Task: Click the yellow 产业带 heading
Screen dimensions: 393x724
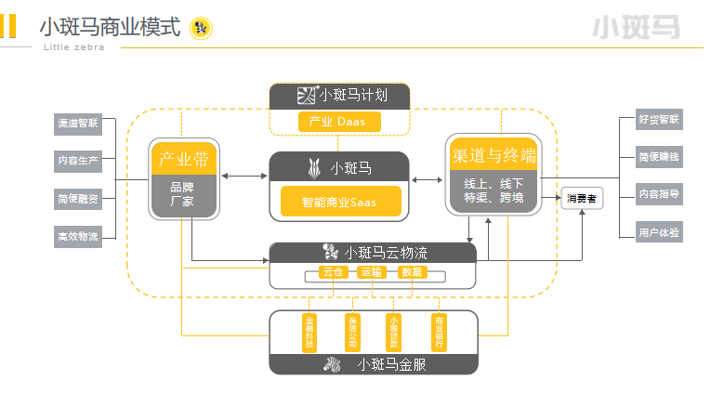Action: point(183,158)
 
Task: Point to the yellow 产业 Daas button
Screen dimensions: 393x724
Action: point(339,122)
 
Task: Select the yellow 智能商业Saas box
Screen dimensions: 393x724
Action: point(340,202)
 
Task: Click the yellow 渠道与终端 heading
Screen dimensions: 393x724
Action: point(494,155)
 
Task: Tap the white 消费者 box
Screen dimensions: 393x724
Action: point(581,198)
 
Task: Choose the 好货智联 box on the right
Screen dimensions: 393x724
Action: point(659,120)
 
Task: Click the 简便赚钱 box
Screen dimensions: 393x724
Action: point(659,157)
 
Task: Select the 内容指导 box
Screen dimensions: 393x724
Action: point(659,194)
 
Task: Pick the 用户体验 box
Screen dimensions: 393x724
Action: point(659,231)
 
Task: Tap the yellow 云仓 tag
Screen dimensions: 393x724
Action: point(333,272)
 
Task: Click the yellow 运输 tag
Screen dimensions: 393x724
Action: point(372,272)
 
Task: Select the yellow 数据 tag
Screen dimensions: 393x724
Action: point(411,272)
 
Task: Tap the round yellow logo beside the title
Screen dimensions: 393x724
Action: point(201,29)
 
